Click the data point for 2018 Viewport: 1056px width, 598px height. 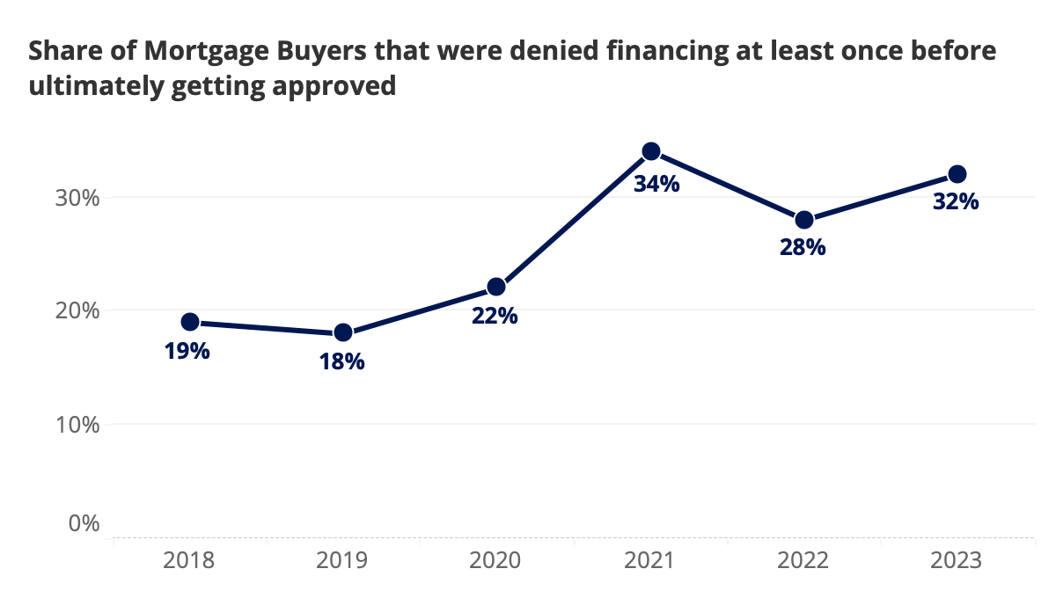pos(189,322)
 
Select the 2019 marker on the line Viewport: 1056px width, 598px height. pos(343,332)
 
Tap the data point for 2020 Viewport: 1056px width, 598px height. pos(496,287)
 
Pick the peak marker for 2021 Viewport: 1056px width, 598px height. pos(651,151)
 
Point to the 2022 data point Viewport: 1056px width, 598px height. pos(804,220)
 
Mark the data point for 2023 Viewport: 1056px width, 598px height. pos(957,174)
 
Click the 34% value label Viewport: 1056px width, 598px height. pos(656,185)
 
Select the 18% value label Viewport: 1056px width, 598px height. pos(342,361)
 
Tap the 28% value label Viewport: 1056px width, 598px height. pos(803,248)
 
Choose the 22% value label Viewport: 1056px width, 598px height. pos(495,316)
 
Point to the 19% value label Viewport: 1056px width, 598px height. pos(187,352)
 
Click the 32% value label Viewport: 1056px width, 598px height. pos(956,202)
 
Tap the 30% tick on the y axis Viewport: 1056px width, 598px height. pos(75,198)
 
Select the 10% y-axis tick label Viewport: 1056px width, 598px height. pos(75,425)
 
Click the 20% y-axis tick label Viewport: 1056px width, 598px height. pos(75,311)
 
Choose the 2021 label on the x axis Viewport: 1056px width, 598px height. pos(650,561)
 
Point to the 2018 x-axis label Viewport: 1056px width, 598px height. pos(189,561)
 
